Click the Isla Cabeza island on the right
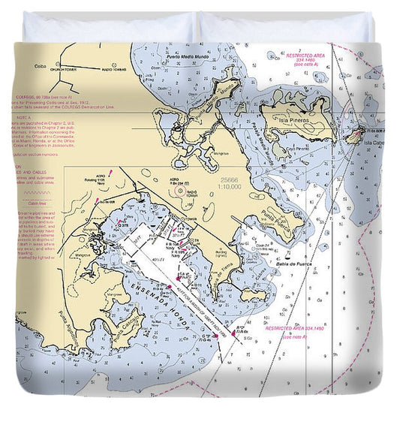pyautogui.click(x=354, y=137)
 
